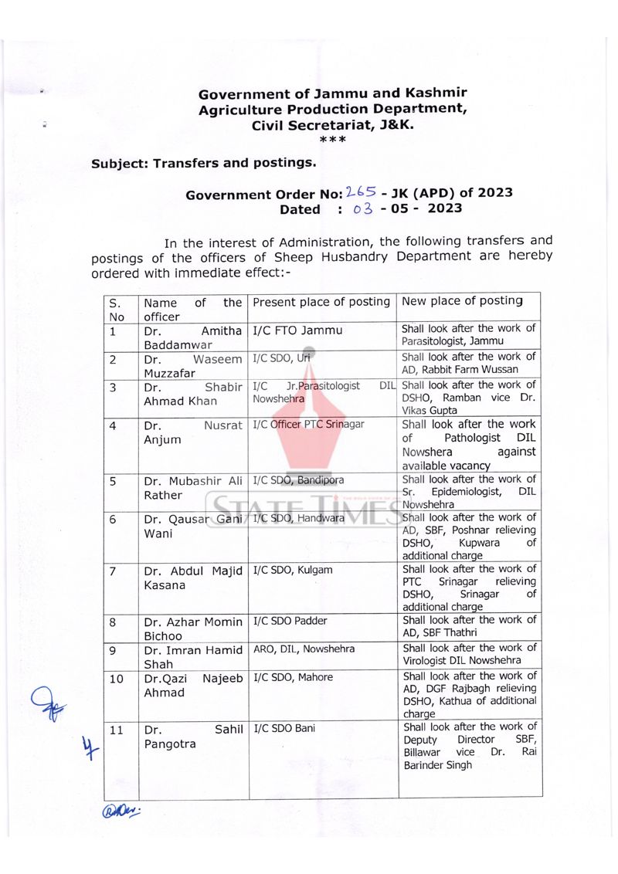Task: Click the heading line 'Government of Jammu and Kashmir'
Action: coord(332,94)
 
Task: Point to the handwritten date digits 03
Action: coord(363,208)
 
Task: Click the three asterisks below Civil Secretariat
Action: coord(332,140)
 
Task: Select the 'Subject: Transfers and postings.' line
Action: coord(203,163)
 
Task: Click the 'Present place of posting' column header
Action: coord(321,302)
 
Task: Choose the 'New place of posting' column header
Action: coord(462,301)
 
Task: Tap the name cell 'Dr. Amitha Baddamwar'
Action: coord(192,337)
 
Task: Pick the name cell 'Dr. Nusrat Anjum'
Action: coord(192,432)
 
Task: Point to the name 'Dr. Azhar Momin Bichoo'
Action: coord(192,628)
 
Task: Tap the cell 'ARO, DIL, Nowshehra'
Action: coord(304,649)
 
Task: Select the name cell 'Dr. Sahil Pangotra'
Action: coord(192,737)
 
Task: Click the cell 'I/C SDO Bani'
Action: coord(284,728)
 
